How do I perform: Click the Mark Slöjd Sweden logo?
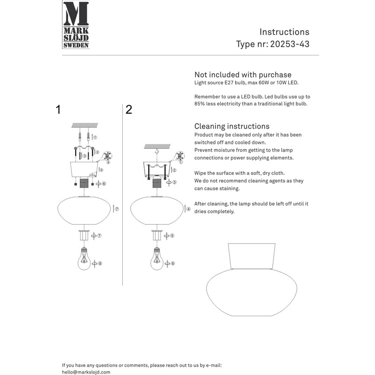pyautogui.click(x=76, y=25)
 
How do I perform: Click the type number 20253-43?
pyautogui.click(x=290, y=44)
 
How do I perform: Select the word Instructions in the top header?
pyautogui.click(x=285, y=32)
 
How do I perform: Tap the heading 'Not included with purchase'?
pyautogui.click(x=243, y=75)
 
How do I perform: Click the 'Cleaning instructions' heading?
pyautogui.click(x=232, y=126)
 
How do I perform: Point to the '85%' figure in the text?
pyautogui.click(x=200, y=104)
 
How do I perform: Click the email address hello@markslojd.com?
pyautogui.click(x=86, y=372)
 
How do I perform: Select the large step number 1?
pyautogui.click(x=58, y=110)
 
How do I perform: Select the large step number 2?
pyautogui.click(x=129, y=110)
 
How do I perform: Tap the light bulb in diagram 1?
pyautogui.click(x=84, y=259)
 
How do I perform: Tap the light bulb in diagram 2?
pyautogui.click(x=157, y=259)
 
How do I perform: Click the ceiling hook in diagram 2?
pyautogui.click(x=157, y=151)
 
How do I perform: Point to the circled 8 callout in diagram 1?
pyautogui.click(x=100, y=264)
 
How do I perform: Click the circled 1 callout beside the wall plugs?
pyautogui.click(x=95, y=138)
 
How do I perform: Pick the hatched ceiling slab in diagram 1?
pyautogui.click(x=85, y=125)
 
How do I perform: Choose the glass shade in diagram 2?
pyautogui.click(x=157, y=210)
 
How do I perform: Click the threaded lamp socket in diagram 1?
pyautogui.click(x=84, y=183)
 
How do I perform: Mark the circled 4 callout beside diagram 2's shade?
pyautogui.click(x=188, y=209)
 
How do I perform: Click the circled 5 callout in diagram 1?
pyautogui.click(x=101, y=170)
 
